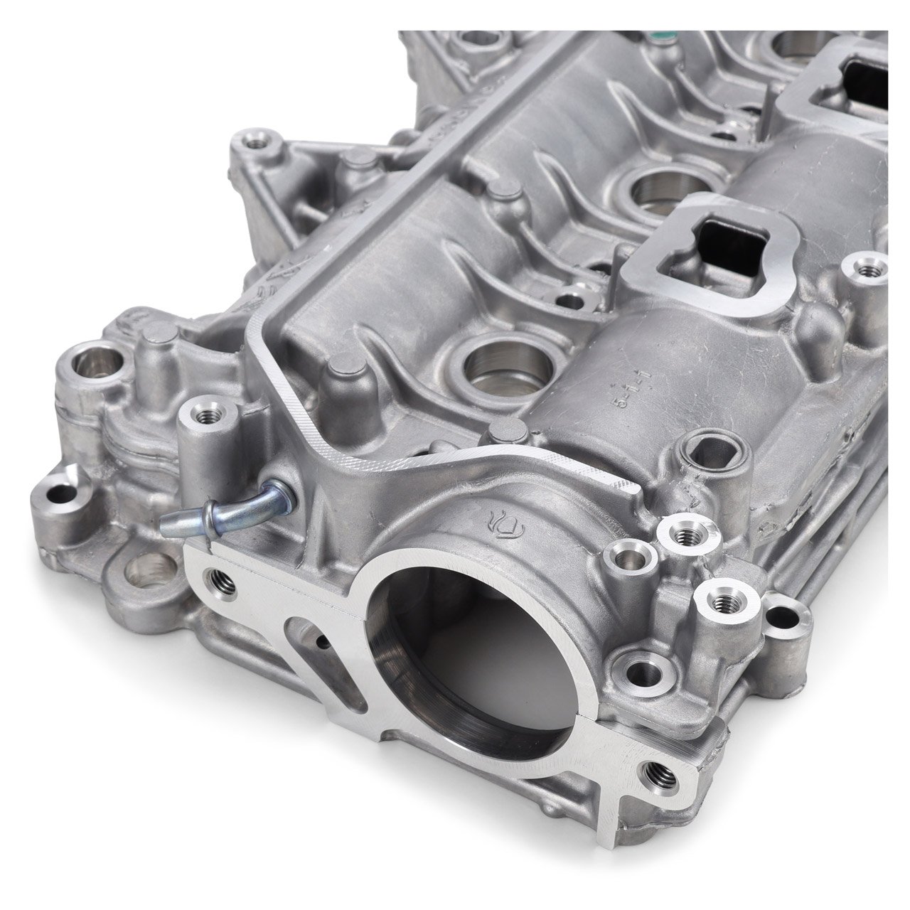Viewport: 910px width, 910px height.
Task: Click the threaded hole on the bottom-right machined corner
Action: (x=653, y=749)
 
